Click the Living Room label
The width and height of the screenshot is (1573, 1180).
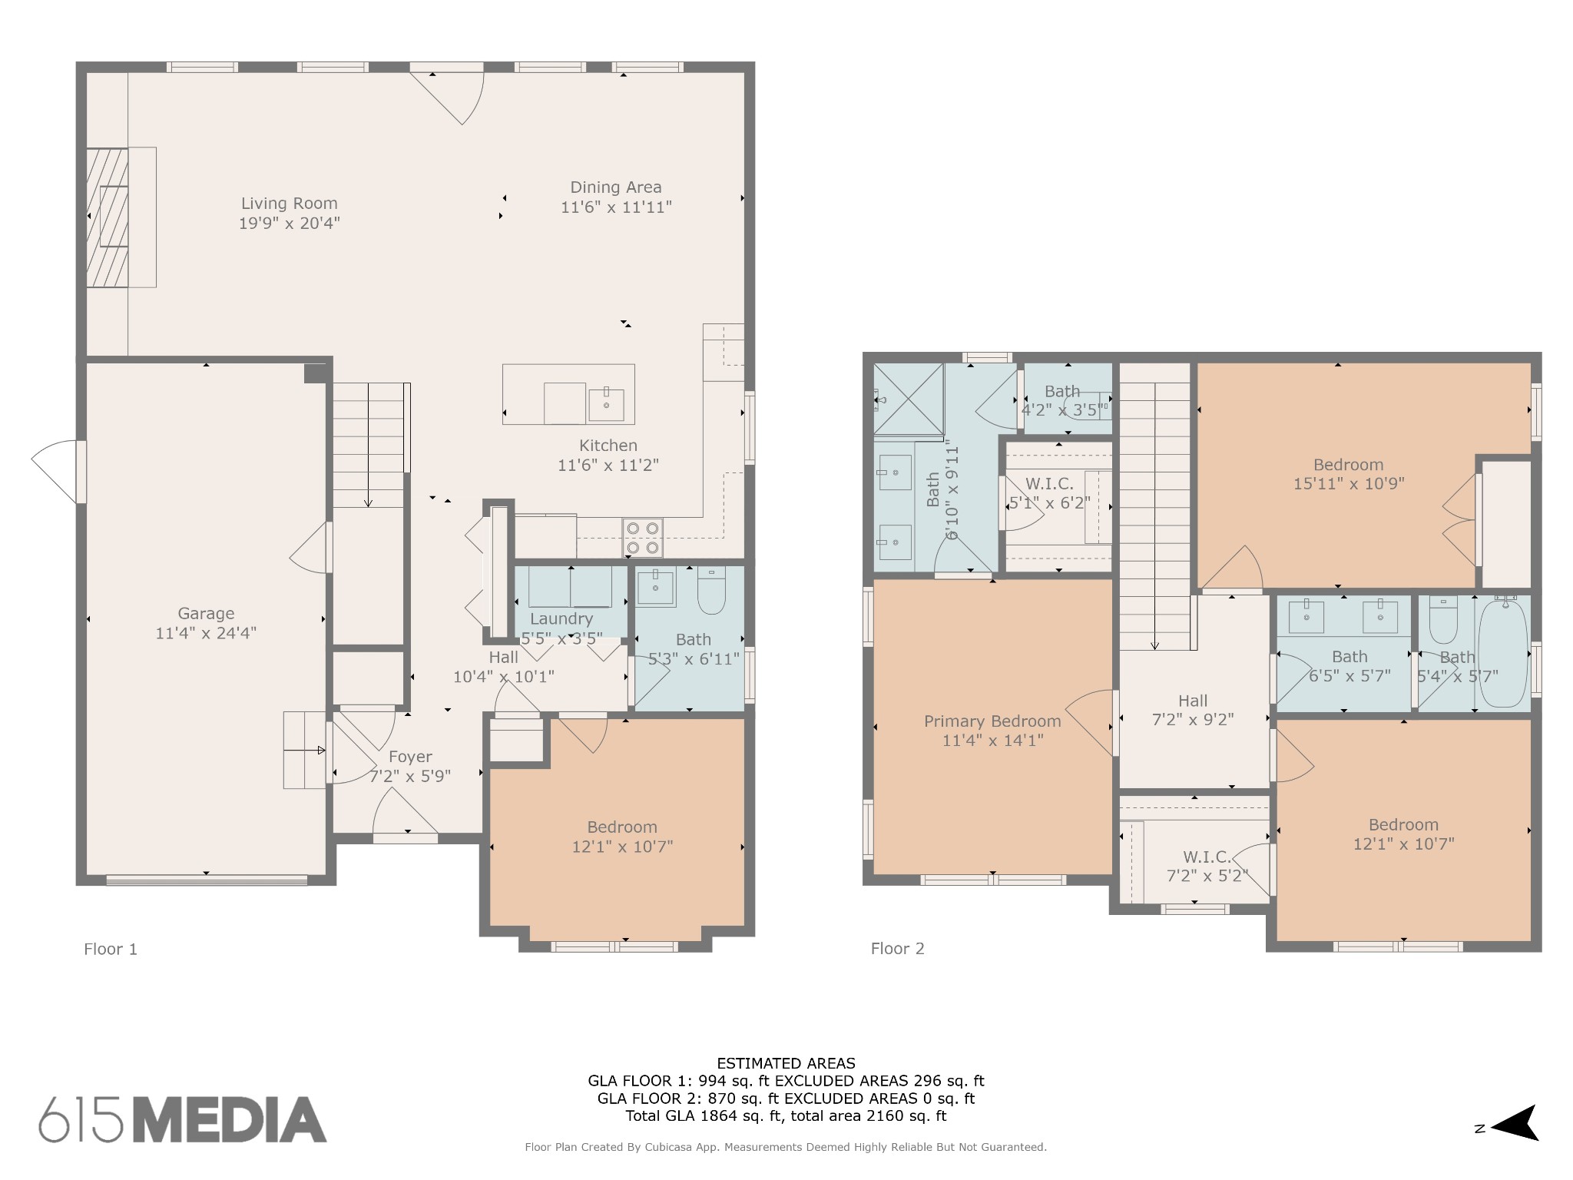pyautogui.click(x=290, y=204)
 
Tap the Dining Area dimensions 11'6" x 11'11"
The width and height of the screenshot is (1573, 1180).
pyautogui.click(x=616, y=207)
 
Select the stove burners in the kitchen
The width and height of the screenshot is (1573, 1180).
pyautogui.click(x=642, y=538)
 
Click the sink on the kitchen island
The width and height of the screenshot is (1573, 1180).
pyautogui.click(x=606, y=404)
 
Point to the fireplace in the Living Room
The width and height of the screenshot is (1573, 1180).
pyautogui.click(x=107, y=217)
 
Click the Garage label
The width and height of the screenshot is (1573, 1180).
pyautogui.click(x=206, y=614)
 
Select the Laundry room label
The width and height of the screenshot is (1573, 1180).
pyautogui.click(x=561, y=619)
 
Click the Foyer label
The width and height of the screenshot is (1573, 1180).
pyautogui.click(x=410, y=757)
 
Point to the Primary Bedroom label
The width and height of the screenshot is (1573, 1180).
pyautogui.click(x=992, y=721)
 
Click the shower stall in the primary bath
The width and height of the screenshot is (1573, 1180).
pyautogui.click(x=909, y=399)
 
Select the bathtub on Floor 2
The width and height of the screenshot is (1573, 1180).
pyautogui.click(x=1503, y=653)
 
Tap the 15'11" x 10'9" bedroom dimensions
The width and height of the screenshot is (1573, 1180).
pyautogui.click(x=1349, y=484)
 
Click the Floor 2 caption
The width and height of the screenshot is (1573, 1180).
pyautogui.click(x=897, y=949)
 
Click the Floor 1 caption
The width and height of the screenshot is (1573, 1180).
pyautogui.click(x=111, y=950)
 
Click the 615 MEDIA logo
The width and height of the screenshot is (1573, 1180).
pyautogui.click(x=183, y=1119)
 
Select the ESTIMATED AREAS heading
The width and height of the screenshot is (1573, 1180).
pyautogui.click(x=786, y=1064)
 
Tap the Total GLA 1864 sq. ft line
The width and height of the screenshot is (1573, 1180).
pyautogui.click(x=786, y=1116)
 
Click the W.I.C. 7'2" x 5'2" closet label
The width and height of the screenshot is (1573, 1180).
pyautogui.click(x=1207, y=866)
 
